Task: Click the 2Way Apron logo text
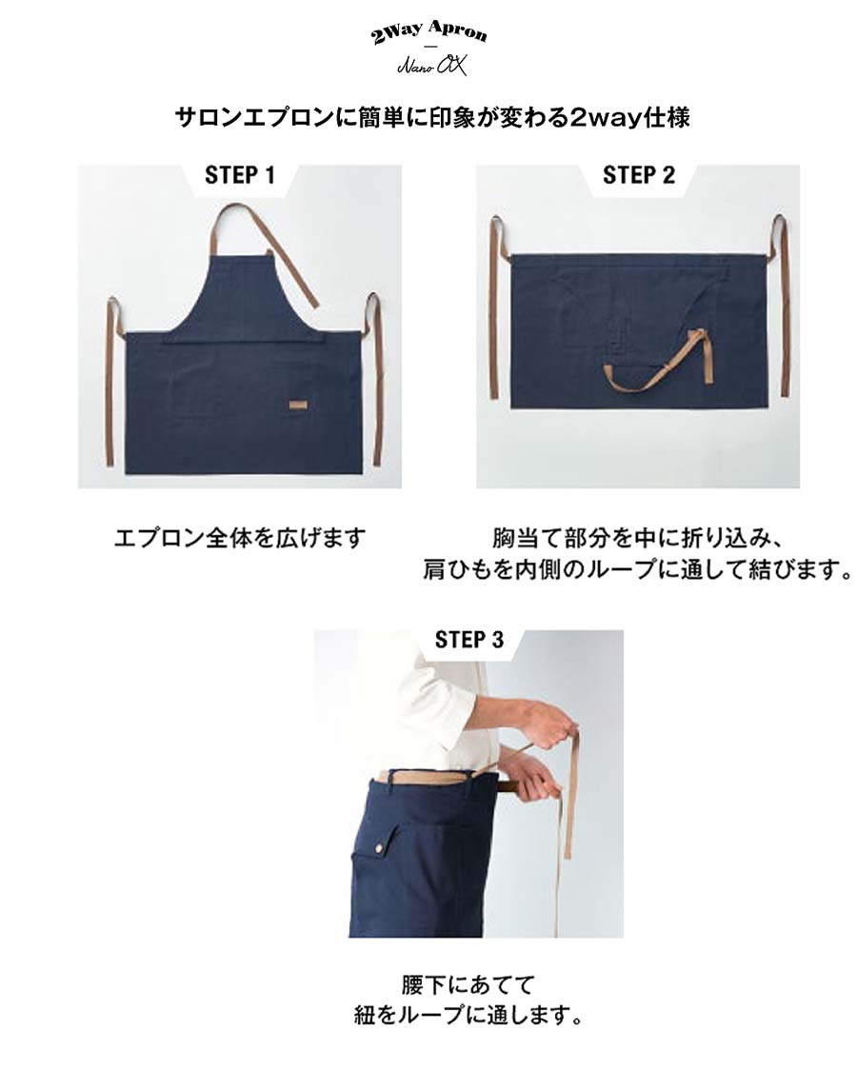[429, 32]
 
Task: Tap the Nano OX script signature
[432, 66]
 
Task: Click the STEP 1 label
[240, 175]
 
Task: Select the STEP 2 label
[638, 175]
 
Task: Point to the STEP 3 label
[468, 640]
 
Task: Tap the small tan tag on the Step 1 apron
[298, 405]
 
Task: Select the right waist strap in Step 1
[375, 379]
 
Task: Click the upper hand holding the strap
[547, 724]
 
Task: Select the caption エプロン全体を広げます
[240, 538]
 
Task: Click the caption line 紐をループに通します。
[468, 1015]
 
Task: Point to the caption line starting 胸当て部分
[635, 538]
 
